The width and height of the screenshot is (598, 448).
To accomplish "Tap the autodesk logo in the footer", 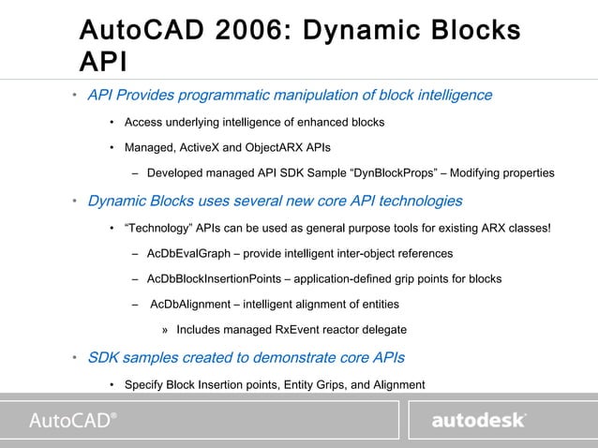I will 478,421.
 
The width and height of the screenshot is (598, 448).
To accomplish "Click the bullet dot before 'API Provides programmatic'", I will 75,97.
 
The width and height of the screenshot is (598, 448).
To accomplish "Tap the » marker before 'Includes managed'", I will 165,330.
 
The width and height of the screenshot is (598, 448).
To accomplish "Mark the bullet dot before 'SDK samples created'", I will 75,358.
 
